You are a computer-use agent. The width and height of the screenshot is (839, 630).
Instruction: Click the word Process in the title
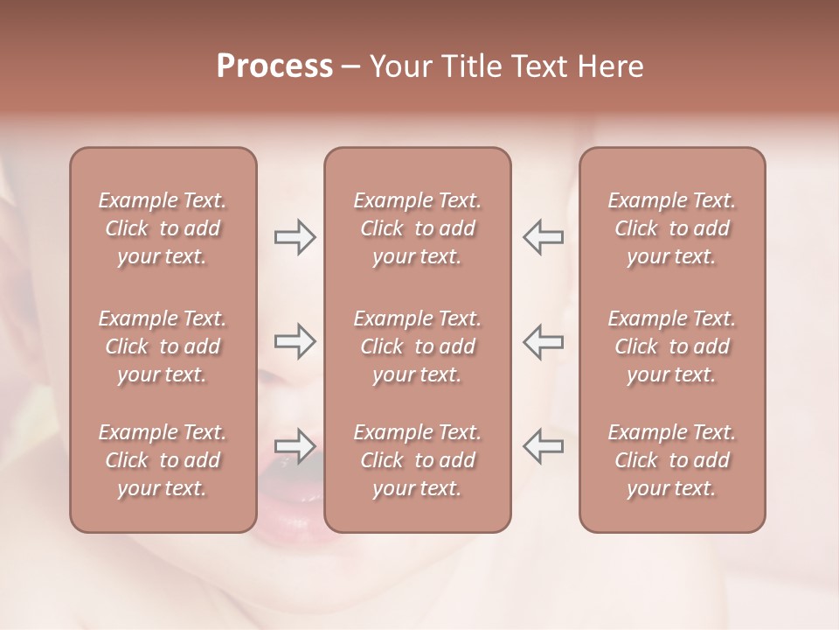[274, 66]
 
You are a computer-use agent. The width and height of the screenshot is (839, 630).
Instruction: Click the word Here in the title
[609, 66]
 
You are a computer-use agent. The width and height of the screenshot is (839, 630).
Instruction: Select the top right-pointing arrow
[295, 237]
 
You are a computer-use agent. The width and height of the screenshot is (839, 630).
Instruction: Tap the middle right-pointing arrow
[295, 341]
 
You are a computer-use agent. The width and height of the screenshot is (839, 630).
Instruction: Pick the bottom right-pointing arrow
[295, 446]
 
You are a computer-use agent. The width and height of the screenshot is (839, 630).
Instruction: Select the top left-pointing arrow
[543, 237]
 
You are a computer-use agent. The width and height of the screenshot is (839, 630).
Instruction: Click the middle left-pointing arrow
[543, 341]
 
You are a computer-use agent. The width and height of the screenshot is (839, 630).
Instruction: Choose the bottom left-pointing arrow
[543, 446]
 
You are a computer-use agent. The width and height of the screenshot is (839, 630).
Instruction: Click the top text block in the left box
[163, 228]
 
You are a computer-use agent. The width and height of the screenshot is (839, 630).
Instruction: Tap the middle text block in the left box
[163, 346]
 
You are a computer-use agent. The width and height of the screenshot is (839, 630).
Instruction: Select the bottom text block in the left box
[163, 460]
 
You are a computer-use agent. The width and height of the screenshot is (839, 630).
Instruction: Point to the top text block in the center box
[417, 228]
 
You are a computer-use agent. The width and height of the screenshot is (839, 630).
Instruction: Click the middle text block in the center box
[417, 346]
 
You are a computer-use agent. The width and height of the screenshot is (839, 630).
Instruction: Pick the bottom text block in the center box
[417, 460]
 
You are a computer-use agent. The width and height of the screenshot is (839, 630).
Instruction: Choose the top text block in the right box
[672, 228]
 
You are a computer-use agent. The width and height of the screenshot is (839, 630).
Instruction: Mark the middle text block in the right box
[672, 346]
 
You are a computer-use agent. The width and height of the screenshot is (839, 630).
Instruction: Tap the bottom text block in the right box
[672, 460]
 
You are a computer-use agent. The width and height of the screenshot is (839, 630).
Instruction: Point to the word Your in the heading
[400, 66]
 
